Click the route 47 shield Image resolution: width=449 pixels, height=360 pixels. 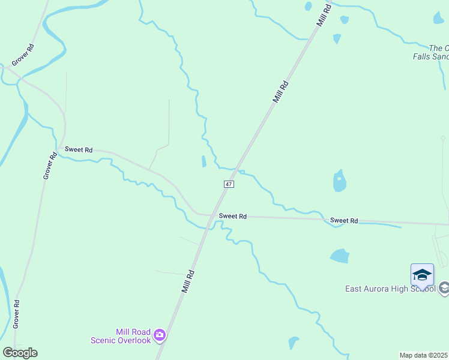coord(229,184)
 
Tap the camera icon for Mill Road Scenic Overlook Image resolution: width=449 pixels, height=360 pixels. coord(160,335)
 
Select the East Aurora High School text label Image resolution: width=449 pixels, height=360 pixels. coord(390,289)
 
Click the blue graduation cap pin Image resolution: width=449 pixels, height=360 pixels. coord(422,275)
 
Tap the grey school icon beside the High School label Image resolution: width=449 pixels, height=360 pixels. coord(444,289)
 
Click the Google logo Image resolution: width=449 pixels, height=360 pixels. coord(20,353)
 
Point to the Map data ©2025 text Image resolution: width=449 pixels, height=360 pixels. coord(424,355)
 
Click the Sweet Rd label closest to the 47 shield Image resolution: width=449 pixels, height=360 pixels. coord(233,216)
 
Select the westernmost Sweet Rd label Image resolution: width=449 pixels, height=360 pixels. coord(79,149)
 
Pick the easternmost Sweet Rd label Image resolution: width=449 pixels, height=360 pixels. coord(344,221)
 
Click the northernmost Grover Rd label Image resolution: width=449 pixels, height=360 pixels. coord(23,55)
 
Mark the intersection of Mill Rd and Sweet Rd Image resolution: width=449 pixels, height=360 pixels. coord(211,215)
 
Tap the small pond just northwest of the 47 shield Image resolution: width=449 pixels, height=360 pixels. coord(204,161)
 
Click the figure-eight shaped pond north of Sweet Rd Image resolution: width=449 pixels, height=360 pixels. coord(340,180)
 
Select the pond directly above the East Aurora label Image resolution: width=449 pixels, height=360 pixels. coord(339,256)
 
